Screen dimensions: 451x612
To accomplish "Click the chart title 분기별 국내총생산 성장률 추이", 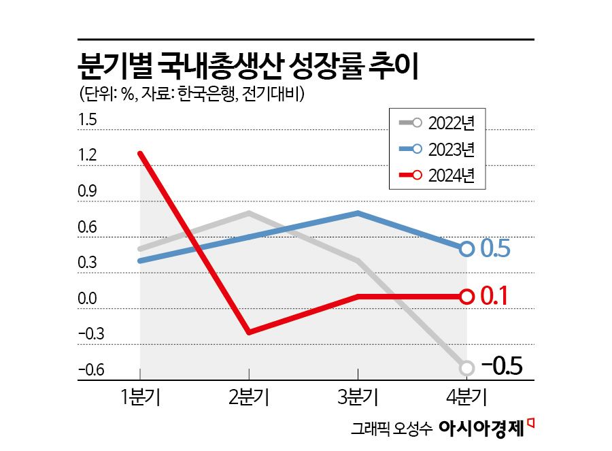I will coord(249,68).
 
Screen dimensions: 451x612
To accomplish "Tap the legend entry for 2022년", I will coord(435,123).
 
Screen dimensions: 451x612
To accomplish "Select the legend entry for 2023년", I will coord(435,148).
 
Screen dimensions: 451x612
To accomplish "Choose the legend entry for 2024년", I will coord(435,174).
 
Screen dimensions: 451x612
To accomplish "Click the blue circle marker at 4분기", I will coord(466,249).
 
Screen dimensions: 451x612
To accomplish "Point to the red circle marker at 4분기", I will coord(466,297).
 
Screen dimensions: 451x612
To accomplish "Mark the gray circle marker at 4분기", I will coord(466,368).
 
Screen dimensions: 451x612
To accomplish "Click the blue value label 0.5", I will coord(496,249).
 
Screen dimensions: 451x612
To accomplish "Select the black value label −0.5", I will coord(502,367).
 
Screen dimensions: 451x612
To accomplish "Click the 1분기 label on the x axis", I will coord(139,397).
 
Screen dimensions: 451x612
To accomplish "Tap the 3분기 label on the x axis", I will coord(358,397).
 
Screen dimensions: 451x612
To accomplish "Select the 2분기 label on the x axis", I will coord(249,397).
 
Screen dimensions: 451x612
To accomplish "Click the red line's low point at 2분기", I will coord(249,332).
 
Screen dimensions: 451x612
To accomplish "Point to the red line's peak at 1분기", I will coord(140,154).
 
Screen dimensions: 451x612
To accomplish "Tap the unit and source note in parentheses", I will coord(191,94).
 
